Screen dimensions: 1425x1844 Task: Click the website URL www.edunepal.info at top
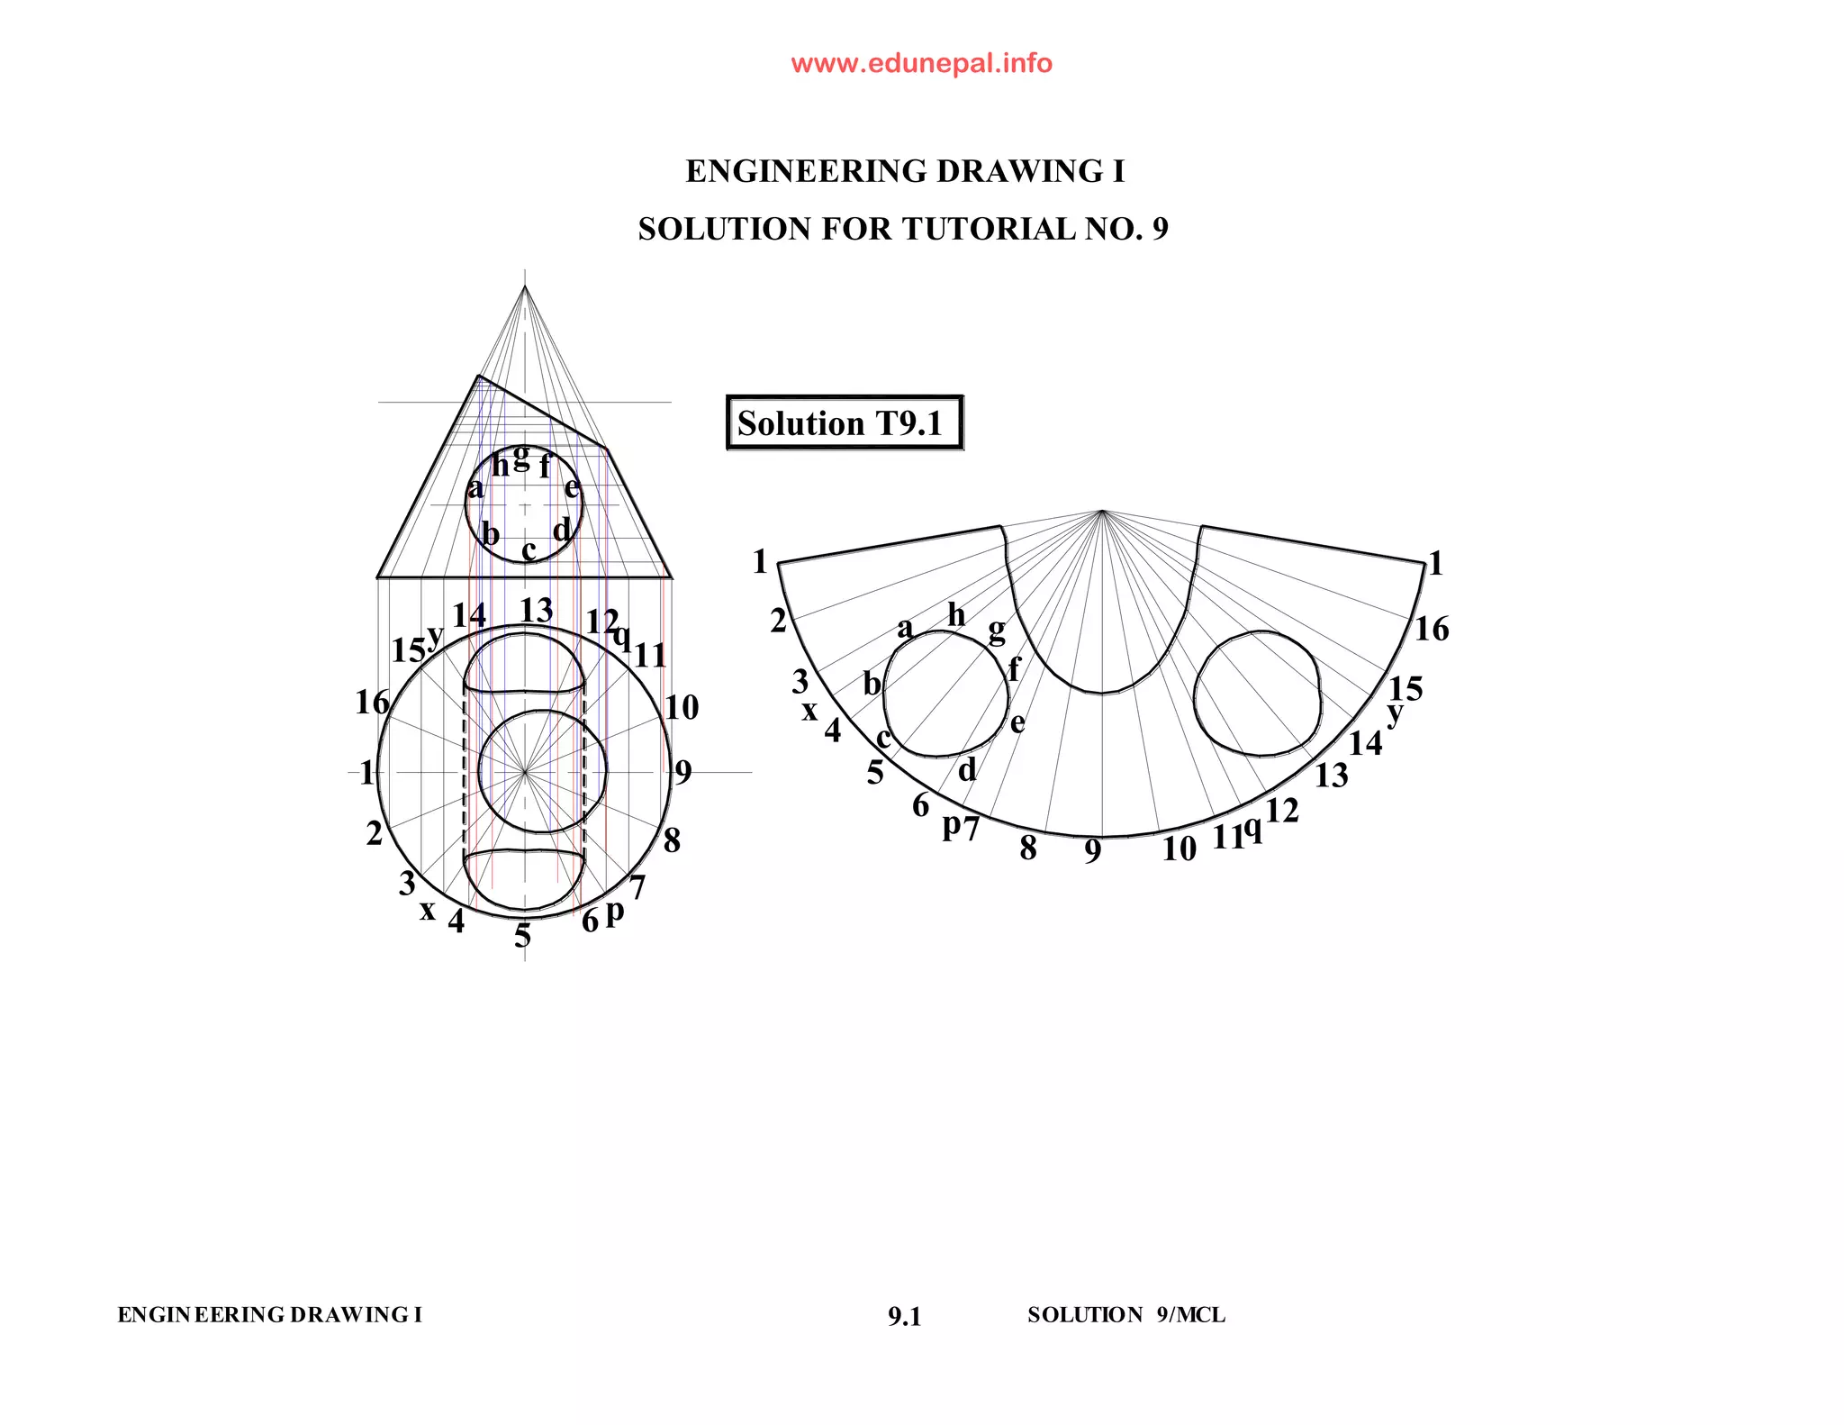click(921, 63)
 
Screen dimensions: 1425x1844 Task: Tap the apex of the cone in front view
click(525, 286)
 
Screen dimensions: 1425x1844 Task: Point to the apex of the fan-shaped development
click(1102, 511)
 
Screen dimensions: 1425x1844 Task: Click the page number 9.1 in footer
click(904, 1317)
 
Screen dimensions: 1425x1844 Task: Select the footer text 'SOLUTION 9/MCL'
click(1125, 1315)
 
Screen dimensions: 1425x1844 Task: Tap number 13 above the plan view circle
click(536, 610)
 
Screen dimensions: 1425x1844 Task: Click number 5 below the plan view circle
click(522, 936)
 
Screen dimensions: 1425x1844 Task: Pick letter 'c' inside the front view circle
click(529, 549)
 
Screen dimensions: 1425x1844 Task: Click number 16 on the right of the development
click(1431, 629)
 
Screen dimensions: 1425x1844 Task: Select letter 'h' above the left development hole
click(956, 615)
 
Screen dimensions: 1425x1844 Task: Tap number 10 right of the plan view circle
click(682, 707)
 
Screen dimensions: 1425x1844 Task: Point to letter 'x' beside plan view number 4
click(428, 911)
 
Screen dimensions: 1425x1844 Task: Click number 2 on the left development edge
click(778, 621)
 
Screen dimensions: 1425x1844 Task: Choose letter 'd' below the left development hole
click(966, 769)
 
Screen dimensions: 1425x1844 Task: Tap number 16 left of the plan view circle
click(372, 702)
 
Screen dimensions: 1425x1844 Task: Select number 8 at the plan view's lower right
click(672, 840)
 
